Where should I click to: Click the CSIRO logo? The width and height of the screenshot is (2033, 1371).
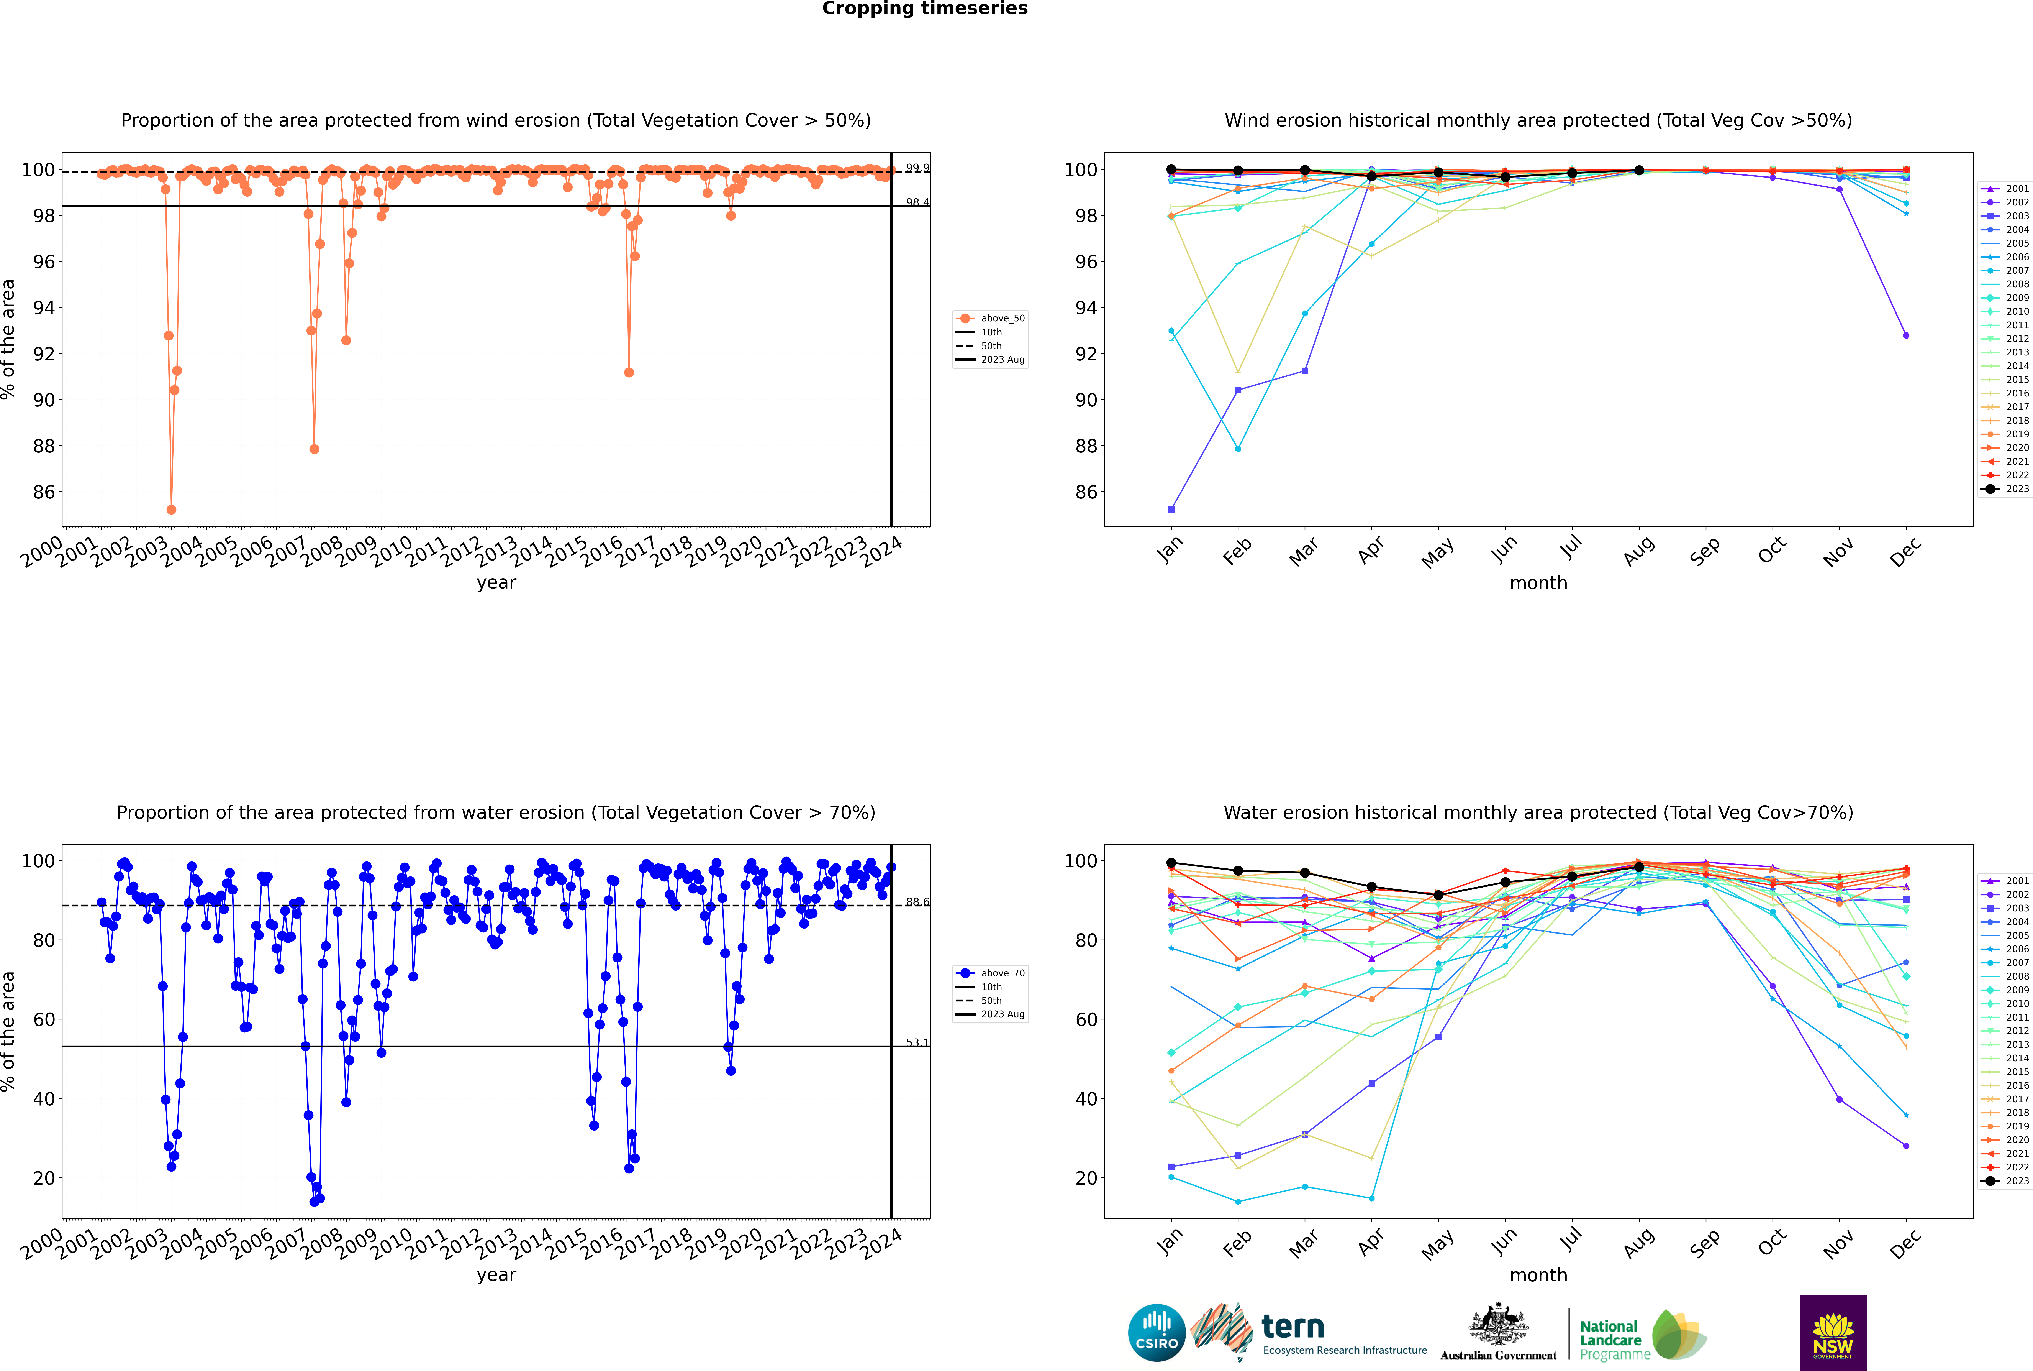pyautogui.click(x=1156, y=1333)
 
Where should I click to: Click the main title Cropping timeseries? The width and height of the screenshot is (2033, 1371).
pyautogui.click(x=925, y=9)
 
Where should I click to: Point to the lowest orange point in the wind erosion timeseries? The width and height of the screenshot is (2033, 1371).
pyautogui.click(x=171, y=510)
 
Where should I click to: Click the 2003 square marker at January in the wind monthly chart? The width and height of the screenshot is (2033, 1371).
pyautogui.click(x=1171, y=510)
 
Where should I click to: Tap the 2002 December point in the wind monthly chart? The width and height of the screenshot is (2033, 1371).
pyautogui.click(x=1906, y=336)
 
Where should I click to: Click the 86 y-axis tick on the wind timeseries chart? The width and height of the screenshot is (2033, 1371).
pyautogui.click(x=44, y=492)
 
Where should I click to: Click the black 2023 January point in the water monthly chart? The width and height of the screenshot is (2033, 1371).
pyautogui.click(x=1171, y=863)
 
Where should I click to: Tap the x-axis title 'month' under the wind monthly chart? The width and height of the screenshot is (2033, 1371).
pyautogui.click(x=1538, y=583)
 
